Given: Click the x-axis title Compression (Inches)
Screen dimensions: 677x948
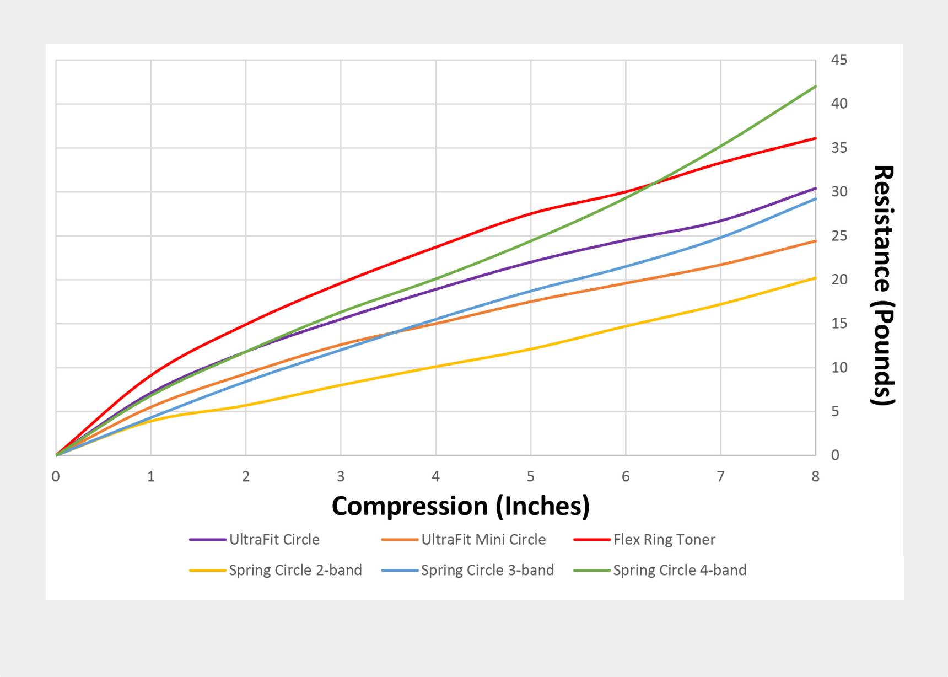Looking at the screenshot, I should click(x=460, y=506).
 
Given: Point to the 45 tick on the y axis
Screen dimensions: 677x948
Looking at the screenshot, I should click(x=839, y=60).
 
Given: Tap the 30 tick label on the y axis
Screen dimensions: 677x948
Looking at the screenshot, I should click(x=839, y=191).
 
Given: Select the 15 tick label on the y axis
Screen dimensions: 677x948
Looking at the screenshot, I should click(x=839, y=323).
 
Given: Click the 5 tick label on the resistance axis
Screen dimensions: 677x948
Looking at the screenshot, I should click(x=835, y=411).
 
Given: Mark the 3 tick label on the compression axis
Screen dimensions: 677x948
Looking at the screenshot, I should click(x=341, y=476).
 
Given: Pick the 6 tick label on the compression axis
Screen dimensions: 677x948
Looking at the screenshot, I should click(x=626, y=476).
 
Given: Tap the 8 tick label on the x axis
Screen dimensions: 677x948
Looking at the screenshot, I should click(x=815, y=476).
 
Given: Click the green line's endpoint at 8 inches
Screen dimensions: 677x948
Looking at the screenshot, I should click(x=815, y=87).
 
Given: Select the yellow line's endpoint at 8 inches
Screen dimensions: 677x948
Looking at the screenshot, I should click(x=815, y=278).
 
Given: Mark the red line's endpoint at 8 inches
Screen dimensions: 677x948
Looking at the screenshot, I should click(x=815, y=138).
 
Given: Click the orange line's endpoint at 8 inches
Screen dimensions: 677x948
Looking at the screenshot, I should click(x=815, y=241).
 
